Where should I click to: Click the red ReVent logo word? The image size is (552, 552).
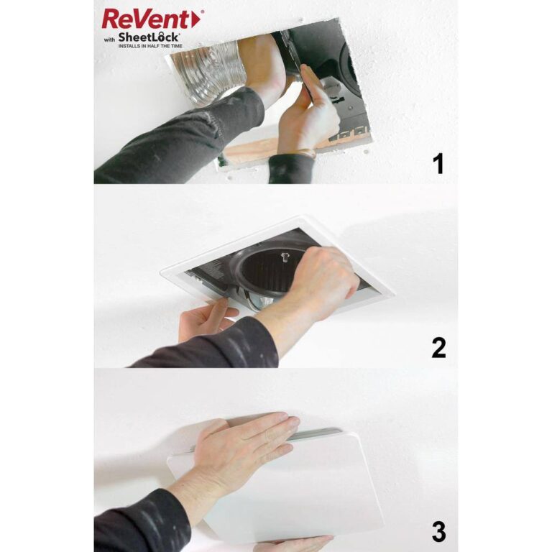pos(147,19)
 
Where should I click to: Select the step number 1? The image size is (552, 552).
pos(438,165)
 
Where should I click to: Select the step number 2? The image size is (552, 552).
pos(438,348)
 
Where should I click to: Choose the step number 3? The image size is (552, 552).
pos(438,533)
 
